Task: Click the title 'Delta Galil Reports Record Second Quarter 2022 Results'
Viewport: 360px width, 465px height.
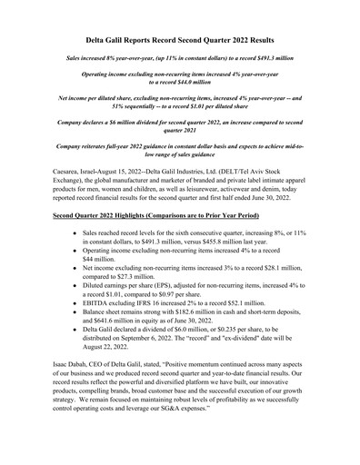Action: click(180, 42)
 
